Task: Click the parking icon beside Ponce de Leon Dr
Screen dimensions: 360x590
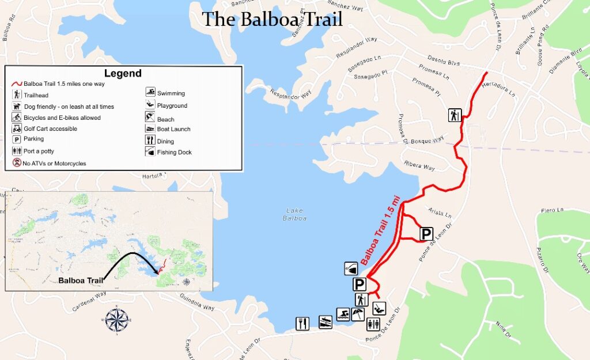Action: [426, 234]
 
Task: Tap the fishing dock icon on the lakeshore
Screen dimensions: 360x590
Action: [351, 268]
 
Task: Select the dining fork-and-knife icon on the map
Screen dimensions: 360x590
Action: [303, 324]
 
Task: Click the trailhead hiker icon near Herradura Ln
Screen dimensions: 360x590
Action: [455, 115]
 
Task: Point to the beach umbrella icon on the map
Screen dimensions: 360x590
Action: [358, 314]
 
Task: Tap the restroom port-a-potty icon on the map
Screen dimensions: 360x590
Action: [373, 324]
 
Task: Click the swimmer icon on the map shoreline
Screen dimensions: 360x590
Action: [343, 314]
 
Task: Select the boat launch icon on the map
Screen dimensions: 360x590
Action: [326, 322]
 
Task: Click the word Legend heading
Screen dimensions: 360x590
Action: [123, 73]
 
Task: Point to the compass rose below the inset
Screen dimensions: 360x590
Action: [117, 321]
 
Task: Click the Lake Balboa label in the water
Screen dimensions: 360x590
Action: [294, 214]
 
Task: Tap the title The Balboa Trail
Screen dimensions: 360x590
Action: [272, 19]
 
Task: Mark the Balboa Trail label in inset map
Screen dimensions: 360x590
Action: [80, 281]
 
